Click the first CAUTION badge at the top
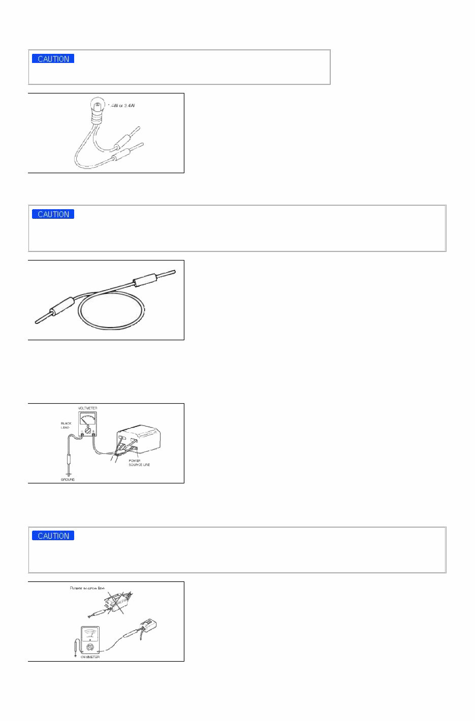tap(53, 59)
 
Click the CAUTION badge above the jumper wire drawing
tap(53, 214)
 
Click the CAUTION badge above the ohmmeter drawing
tap(53, 536)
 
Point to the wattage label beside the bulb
tap(121, 106)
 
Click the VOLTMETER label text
tap(87, 408)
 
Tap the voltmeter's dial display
tap(88, 419)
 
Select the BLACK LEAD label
tap(66, 425)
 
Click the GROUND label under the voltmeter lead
tap(68, 479)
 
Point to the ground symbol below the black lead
tap(68, 474)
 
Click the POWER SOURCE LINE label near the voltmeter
tap(139, 463)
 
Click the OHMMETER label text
tap(90, 657)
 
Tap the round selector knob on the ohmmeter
tap(90, 647)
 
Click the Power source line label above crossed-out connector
tap(87, 588)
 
